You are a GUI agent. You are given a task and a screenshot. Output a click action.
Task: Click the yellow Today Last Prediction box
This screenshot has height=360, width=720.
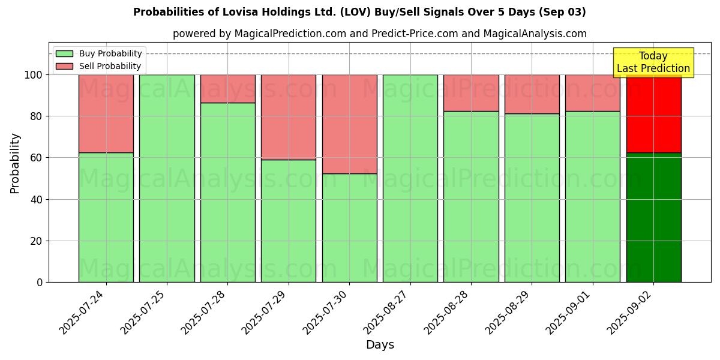(653, 62)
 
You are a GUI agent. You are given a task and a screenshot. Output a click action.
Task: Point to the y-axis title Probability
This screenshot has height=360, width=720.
(15, 163)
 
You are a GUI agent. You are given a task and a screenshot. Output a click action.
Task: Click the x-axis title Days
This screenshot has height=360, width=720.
(380, 345)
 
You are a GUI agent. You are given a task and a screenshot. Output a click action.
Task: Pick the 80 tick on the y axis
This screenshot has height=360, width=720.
(36, 116)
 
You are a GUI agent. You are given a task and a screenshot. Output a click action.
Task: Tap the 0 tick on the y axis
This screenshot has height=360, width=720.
(40, 282)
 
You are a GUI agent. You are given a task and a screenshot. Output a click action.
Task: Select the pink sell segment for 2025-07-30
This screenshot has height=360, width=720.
(349, 124)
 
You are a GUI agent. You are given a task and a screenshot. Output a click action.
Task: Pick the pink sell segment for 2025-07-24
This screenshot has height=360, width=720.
(106, 113)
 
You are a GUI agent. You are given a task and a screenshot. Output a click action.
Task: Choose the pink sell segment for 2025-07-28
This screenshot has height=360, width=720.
(227, 89)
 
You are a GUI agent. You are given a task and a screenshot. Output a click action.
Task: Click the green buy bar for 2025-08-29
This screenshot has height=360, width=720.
(532, 198)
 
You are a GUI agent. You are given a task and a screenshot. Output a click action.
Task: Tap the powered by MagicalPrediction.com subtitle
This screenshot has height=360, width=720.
(379, 34)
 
